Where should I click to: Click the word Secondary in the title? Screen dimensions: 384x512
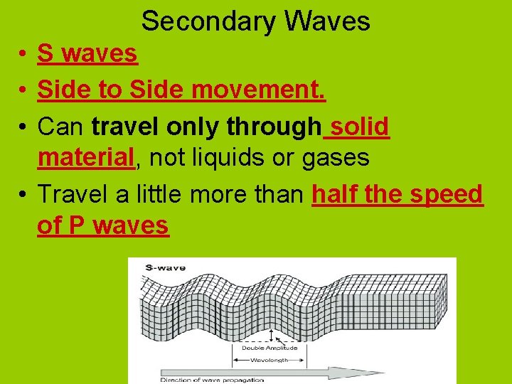pyautogui.click(x=208, y=21)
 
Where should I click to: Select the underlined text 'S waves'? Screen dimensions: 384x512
pyautogui.click(x=87, y=53)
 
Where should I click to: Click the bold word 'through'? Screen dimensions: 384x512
pyautogui.click(x=273, y=127)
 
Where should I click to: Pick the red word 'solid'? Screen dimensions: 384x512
pyautogui.click(x=360, y=127)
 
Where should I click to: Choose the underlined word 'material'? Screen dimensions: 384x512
pyautogui.click(x=86, y=157)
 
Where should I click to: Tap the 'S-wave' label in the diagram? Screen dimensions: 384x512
pyautogui.click(x=165, y=267)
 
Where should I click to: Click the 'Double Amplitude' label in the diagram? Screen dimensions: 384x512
pyautogui.click(x=274, y=348)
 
